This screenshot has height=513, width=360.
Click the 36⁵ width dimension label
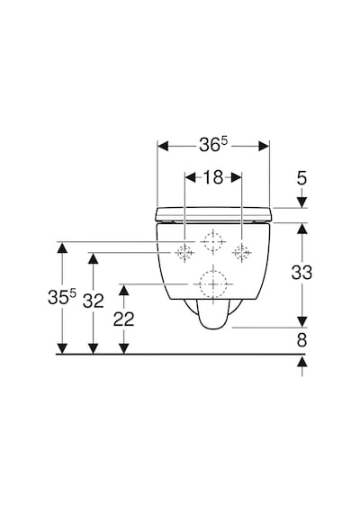pos(213,144)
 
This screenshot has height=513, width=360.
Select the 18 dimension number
pos(213,177)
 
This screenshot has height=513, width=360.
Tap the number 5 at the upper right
pos(301,178)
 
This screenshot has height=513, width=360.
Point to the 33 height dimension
pos(301,273)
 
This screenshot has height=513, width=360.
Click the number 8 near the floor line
pos(301,340)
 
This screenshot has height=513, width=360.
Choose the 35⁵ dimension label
pos(61,297)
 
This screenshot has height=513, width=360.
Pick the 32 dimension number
pos(94,301)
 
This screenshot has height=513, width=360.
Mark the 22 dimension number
pos(123,319)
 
